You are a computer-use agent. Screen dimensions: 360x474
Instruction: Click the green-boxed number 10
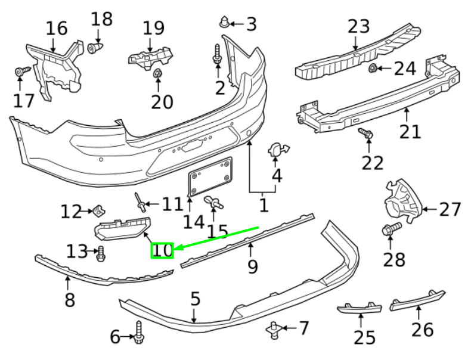pos(162,251)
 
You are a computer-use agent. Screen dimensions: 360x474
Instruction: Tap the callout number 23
pos(359,27)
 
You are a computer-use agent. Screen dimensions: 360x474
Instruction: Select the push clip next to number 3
pos(224,23)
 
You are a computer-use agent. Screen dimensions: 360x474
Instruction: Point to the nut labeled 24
pos(371,69)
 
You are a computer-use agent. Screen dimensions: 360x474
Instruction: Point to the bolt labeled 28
pos(391,229)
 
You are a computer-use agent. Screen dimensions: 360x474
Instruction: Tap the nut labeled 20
pos(158,74)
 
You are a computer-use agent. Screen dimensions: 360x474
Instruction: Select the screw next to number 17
pos(23,72)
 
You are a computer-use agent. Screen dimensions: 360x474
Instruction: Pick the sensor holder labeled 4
pos(278,150)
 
